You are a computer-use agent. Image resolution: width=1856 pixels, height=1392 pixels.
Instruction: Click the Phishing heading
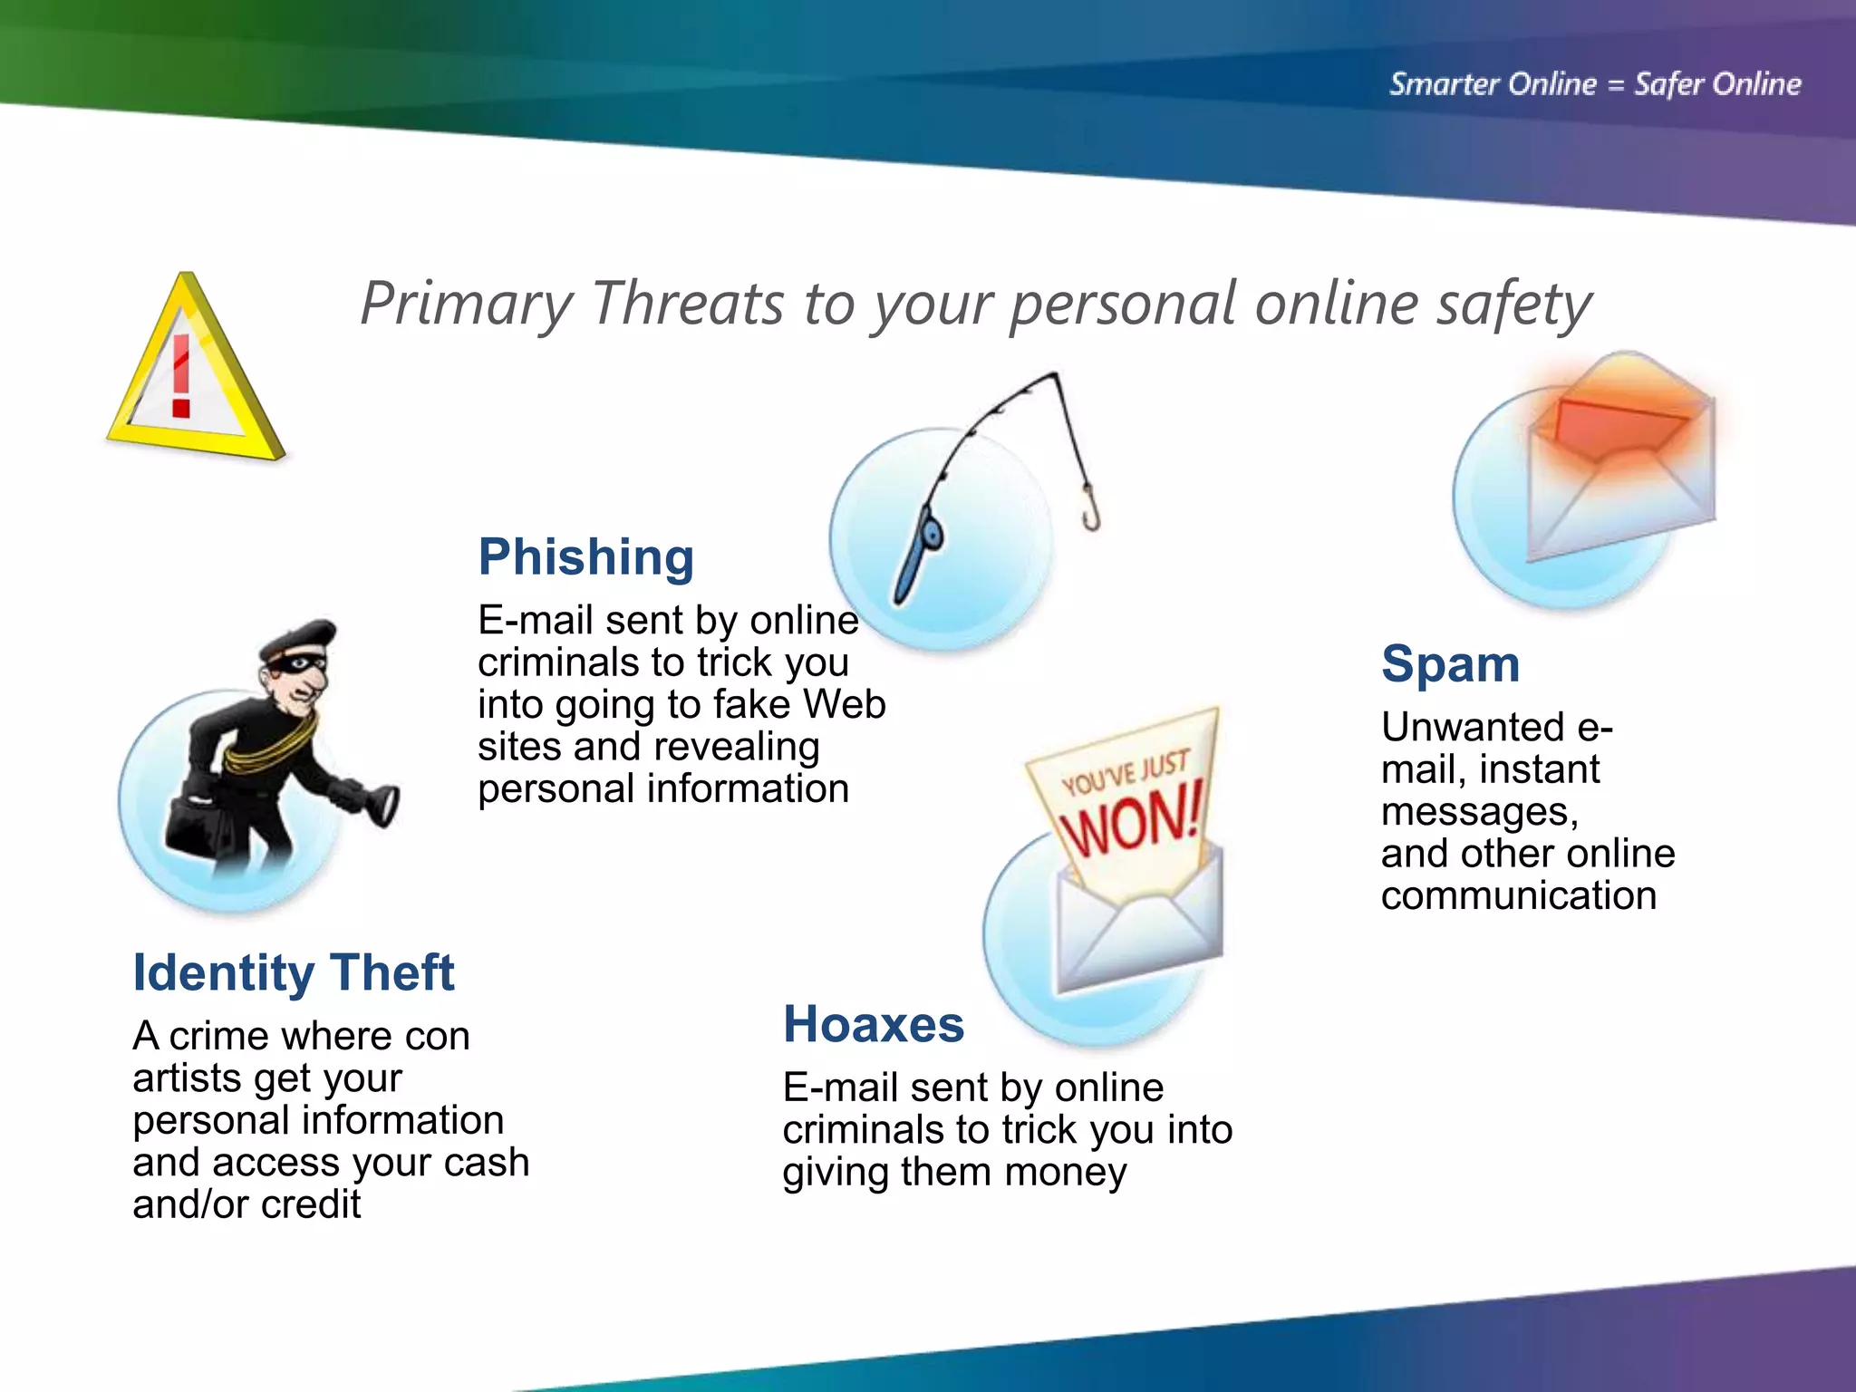585,556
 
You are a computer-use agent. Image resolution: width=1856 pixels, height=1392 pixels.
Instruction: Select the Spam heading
1450,664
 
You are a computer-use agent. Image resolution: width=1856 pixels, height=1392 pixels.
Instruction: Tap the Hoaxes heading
873,1025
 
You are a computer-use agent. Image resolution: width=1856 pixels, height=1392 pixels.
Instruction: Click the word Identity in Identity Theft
222,972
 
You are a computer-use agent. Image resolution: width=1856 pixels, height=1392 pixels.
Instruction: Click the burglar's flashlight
381,804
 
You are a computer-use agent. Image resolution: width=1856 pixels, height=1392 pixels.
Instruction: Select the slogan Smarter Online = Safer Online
1595,84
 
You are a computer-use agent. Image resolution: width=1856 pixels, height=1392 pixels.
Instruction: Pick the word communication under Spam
1519,896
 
